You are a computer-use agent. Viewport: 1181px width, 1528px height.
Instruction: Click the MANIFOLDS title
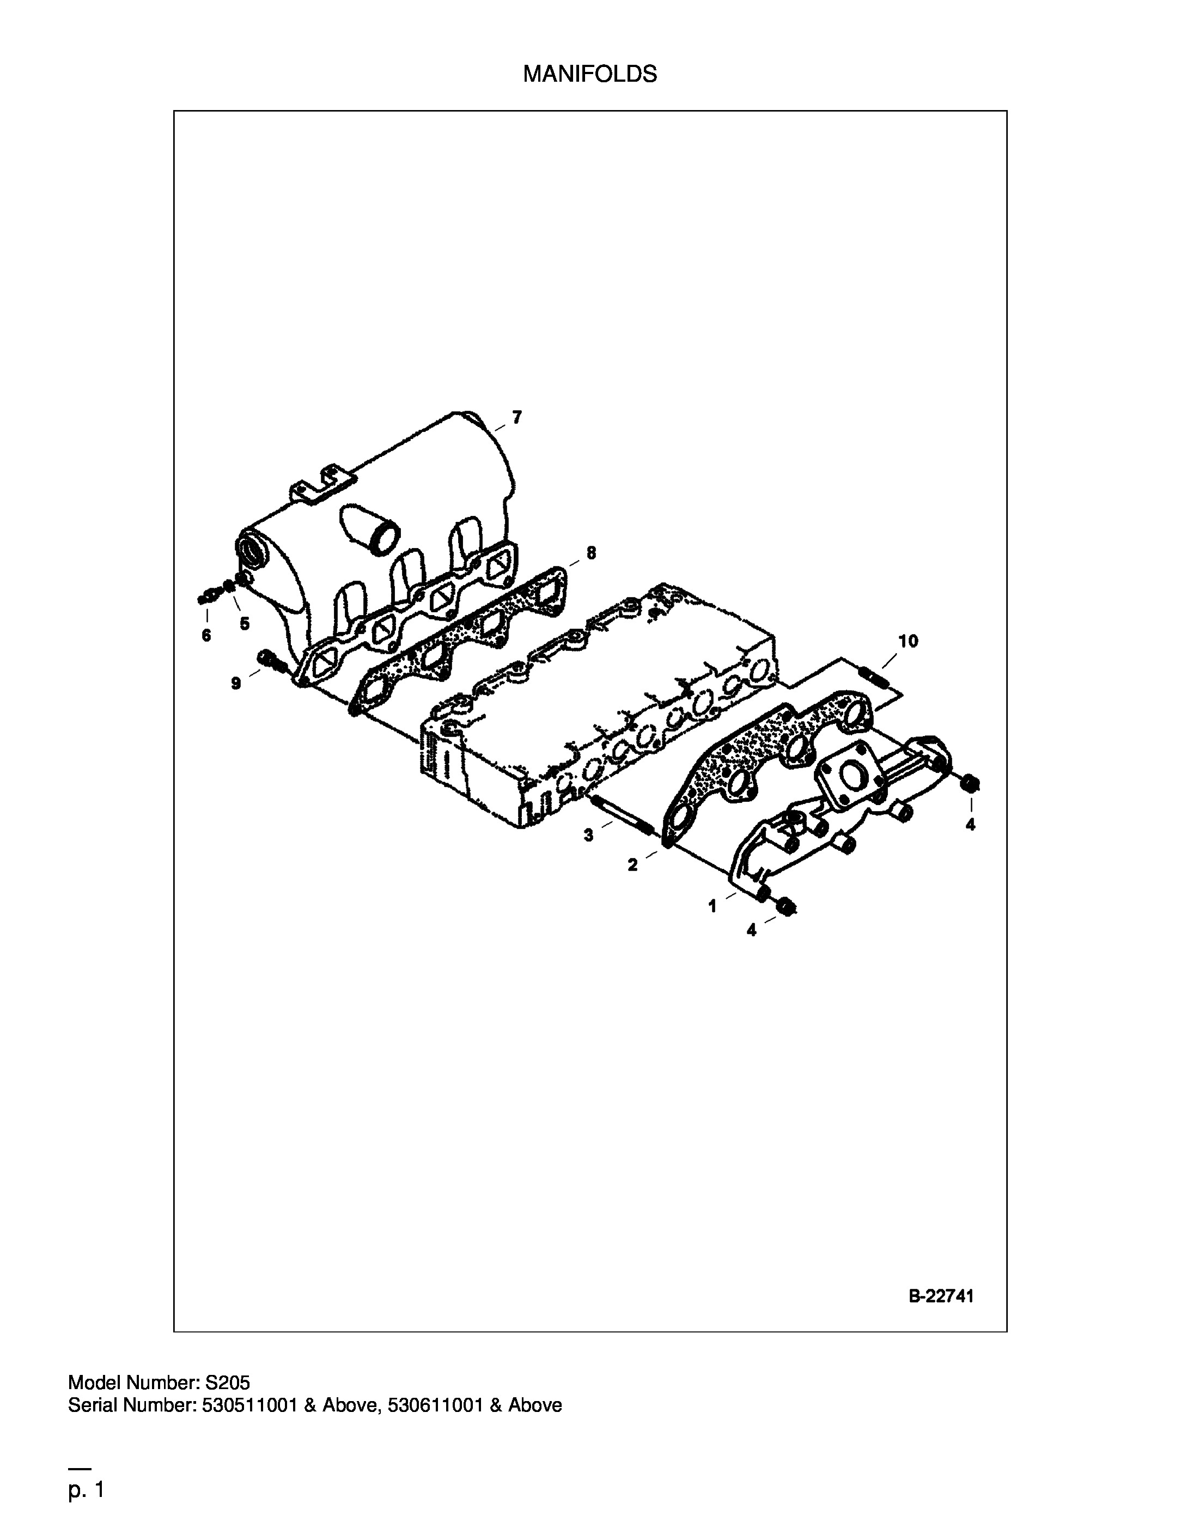click(x=590, y=74)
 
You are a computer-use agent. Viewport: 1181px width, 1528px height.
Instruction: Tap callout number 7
click(x=516, y=418)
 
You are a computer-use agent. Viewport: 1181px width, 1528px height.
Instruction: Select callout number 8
click(x=591, y=553)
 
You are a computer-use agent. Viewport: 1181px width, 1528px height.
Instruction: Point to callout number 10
click(x=908, y=641)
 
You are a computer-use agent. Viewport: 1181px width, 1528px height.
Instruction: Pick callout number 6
click(x=206, y=635)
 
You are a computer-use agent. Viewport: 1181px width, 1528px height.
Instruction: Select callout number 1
click(x=712, y=907)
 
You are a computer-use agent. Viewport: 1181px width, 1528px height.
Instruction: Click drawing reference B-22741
click(x=941, y=1296)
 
